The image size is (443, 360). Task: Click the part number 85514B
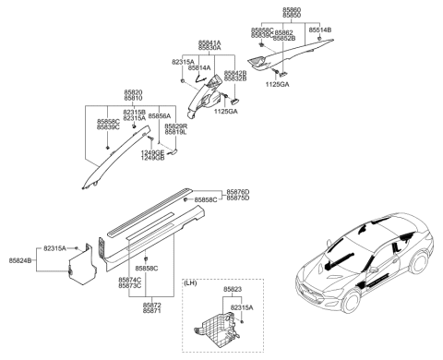click(320, 30)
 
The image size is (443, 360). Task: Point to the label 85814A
click(198, 67)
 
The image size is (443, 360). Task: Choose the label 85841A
click(210, 42)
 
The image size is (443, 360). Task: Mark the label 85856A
click(160, 117)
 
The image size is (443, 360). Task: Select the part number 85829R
click(176, 126)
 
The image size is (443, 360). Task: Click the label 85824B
click(20, 261)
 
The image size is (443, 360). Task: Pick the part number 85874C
click(130, 279)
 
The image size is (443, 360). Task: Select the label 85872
click(152, 304)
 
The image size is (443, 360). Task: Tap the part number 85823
click(234, 289)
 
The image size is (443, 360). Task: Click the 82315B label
click(135, 112)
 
